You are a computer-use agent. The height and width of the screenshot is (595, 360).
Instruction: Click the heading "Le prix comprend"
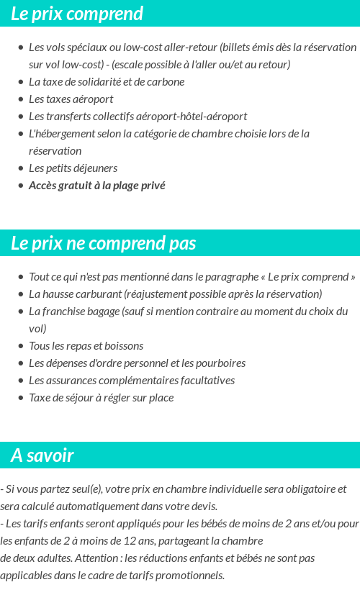[77, 14]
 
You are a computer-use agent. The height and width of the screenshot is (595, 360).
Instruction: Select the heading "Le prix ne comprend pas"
[104, 243]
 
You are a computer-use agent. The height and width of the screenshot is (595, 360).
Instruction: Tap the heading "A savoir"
[42, 455]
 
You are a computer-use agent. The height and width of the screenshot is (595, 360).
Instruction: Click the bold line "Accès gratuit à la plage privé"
[96, 186]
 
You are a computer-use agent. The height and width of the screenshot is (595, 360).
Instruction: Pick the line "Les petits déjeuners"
[73, 168]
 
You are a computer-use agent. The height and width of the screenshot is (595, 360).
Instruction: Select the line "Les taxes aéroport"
[71, 99]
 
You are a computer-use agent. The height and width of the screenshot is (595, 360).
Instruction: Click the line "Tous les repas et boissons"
[86, 346]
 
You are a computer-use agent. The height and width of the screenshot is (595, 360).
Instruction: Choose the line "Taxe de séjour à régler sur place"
[101, 398]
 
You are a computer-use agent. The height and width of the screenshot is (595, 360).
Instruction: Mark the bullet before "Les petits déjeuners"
[20, 168]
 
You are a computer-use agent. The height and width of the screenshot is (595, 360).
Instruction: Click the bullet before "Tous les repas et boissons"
[20, 346]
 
